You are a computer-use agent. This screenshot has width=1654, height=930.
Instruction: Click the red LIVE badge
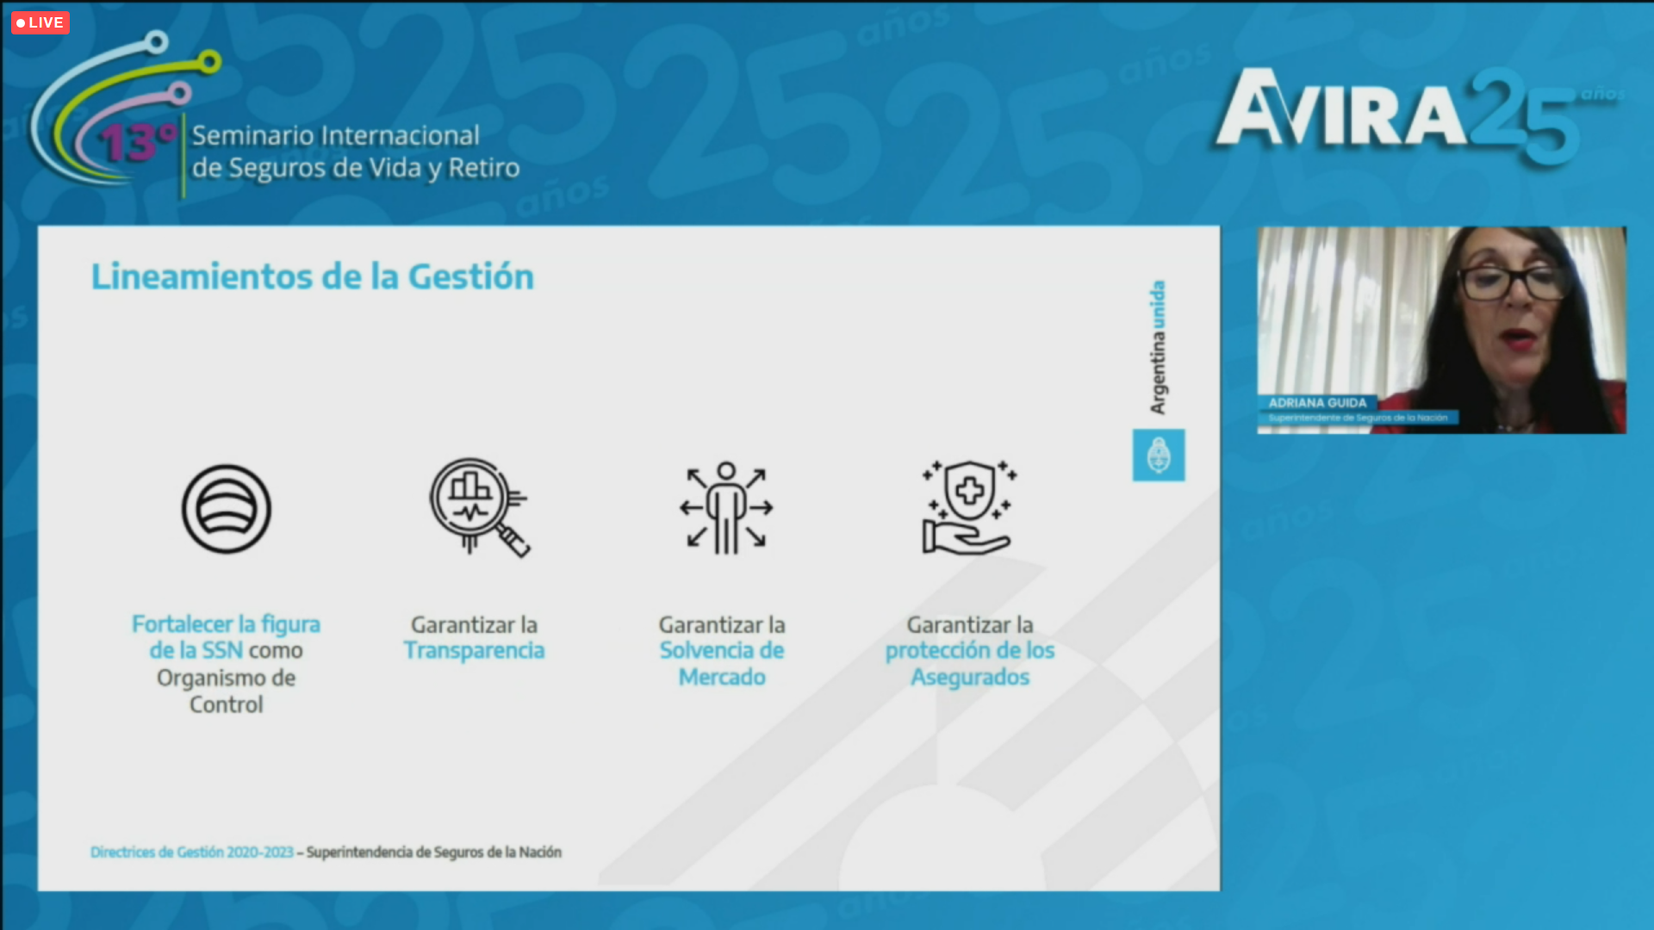pyautogui.click(x=40, y=22)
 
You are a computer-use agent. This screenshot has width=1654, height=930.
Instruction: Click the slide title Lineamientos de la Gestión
pyautogui.click(x=313, y=276)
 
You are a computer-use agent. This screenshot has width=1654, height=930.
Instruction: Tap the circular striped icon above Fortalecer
pyautogui.click(x=227, y=509)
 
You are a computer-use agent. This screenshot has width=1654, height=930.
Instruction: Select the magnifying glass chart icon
pyautogui.click(x=479, y=507)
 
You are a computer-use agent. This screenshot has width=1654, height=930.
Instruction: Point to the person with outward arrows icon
pyautogui.click(x=726, y=508)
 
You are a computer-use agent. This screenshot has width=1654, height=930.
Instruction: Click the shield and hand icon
pyautogui.click(x=969, y=507)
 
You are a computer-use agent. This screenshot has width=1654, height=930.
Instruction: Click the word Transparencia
pyautogui.click(x=475, y=650)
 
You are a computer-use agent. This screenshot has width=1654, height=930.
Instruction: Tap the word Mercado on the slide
pyautogui.click(x=722, y=677)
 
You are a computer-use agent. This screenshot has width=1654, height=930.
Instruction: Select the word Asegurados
pyautogui.click(x=970, y=678)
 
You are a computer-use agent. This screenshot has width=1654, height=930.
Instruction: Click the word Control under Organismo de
pyautogui.click(x=227, y=704)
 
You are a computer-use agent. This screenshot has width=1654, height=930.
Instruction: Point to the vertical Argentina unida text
pyautogui.click(x=1158, y=347)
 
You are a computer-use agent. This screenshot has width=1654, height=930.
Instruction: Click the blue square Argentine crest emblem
pyautogui.click(x=1159, y=455)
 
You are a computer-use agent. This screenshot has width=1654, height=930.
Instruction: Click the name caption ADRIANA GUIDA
pyautogui.click(x=1317, y=403)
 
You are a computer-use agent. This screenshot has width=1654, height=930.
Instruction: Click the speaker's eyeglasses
pyautogui.click(x=1513, y=282)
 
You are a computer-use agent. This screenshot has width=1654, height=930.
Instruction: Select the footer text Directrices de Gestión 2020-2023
pyautogui.click(x=192, y=852)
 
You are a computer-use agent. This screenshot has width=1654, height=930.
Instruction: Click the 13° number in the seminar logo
pyautogui.click(x=137, y=142)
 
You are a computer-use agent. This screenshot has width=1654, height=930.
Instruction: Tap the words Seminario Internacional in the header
pyautogui.click(x=336, y=135)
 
